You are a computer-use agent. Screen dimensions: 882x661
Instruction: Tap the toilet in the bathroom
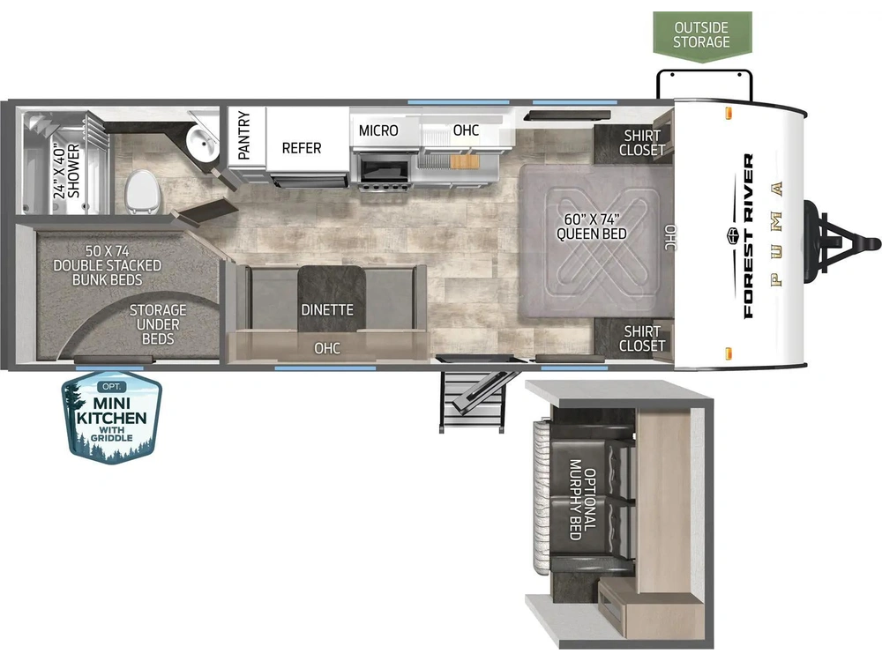click(x=142, y=192)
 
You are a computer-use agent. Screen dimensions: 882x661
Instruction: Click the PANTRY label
click(x=243, y=136)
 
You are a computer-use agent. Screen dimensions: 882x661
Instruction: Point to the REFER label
click(x=302, y=148)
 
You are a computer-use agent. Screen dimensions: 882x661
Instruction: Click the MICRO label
click(x=378, y=130)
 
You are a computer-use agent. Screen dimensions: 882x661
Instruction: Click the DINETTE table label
click(x=327, y=309)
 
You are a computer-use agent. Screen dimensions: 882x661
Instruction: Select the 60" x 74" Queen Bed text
click(x=592, y=227)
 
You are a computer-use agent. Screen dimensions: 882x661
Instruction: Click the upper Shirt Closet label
click(x=642, y=143)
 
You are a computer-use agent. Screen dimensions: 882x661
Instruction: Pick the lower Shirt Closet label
click(x=642, y=338)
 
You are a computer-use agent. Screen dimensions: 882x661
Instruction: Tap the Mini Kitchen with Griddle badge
click(x=112, y=418)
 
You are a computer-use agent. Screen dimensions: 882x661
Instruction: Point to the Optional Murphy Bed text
click(x=582, y=500)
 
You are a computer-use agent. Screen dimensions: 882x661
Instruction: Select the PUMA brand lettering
click(x=777, y=234)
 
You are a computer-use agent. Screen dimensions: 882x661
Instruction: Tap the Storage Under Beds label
click(x=158, y=324)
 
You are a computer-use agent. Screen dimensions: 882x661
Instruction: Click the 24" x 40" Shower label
click(x=67, y=171)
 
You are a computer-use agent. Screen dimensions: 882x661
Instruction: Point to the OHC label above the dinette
click(x=327, y=348)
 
